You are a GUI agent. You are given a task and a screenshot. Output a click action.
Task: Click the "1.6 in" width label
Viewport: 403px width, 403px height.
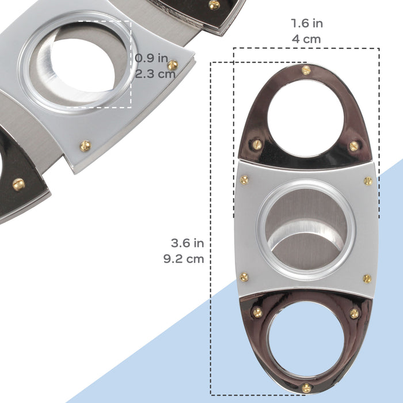(x=306, y=24)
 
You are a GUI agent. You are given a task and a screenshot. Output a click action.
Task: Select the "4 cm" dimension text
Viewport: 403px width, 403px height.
(x=306, y=39)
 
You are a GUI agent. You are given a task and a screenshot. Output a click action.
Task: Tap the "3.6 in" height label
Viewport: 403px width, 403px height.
(x=183, y=243)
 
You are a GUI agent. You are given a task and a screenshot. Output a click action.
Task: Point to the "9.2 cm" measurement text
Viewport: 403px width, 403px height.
(x=183, y=258)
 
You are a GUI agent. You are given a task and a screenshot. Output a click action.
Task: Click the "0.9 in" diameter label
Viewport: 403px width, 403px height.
(x=151, y=58)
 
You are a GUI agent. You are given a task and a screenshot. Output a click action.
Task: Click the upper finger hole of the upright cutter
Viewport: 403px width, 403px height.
(x=305, y=118)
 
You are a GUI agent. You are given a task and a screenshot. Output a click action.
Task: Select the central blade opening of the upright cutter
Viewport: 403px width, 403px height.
(x=306, y=230)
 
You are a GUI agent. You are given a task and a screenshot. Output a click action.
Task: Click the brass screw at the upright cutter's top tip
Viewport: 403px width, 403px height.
(x=306, y=70)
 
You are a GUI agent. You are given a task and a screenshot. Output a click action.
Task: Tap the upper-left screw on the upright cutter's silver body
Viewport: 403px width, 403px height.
(x=244, y=180)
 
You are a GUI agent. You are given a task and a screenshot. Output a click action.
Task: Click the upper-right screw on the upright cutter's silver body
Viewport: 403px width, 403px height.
(x=368, y=181)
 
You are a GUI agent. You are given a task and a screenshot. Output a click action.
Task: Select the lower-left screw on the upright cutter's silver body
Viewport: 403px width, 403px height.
(x=244, y=277)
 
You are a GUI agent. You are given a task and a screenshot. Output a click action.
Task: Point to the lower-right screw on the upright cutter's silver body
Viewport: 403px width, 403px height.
(x=367, y=279)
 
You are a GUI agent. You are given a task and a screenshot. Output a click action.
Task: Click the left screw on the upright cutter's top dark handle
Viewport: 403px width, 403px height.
(x=257, y=145)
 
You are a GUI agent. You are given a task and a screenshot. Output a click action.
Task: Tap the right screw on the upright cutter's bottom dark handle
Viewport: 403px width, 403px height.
(x=355, y=313)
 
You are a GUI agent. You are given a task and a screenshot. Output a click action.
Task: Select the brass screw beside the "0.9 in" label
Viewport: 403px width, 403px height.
(x=172, y=64)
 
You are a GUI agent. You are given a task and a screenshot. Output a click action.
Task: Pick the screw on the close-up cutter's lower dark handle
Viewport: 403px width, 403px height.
(x=18, y=184)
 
